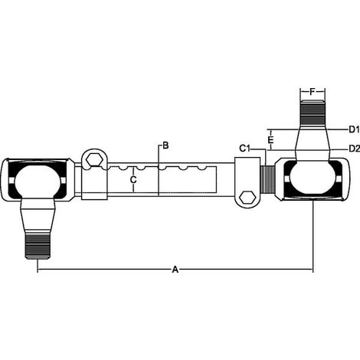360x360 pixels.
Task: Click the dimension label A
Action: tap(175, 270)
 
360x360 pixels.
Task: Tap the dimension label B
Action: tap(165, 146)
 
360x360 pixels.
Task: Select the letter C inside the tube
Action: tap(133, 180)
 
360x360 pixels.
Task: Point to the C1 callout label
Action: tap(244, 149)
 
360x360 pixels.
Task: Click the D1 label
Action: tap(355, 129)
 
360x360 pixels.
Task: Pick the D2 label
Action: tap(355, 149)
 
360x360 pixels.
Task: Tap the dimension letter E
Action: tap(271, 140)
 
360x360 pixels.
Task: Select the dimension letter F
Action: tap(313, 92)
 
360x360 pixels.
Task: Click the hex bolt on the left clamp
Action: tap(94, 160)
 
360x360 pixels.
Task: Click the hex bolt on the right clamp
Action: tap(247, 197)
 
